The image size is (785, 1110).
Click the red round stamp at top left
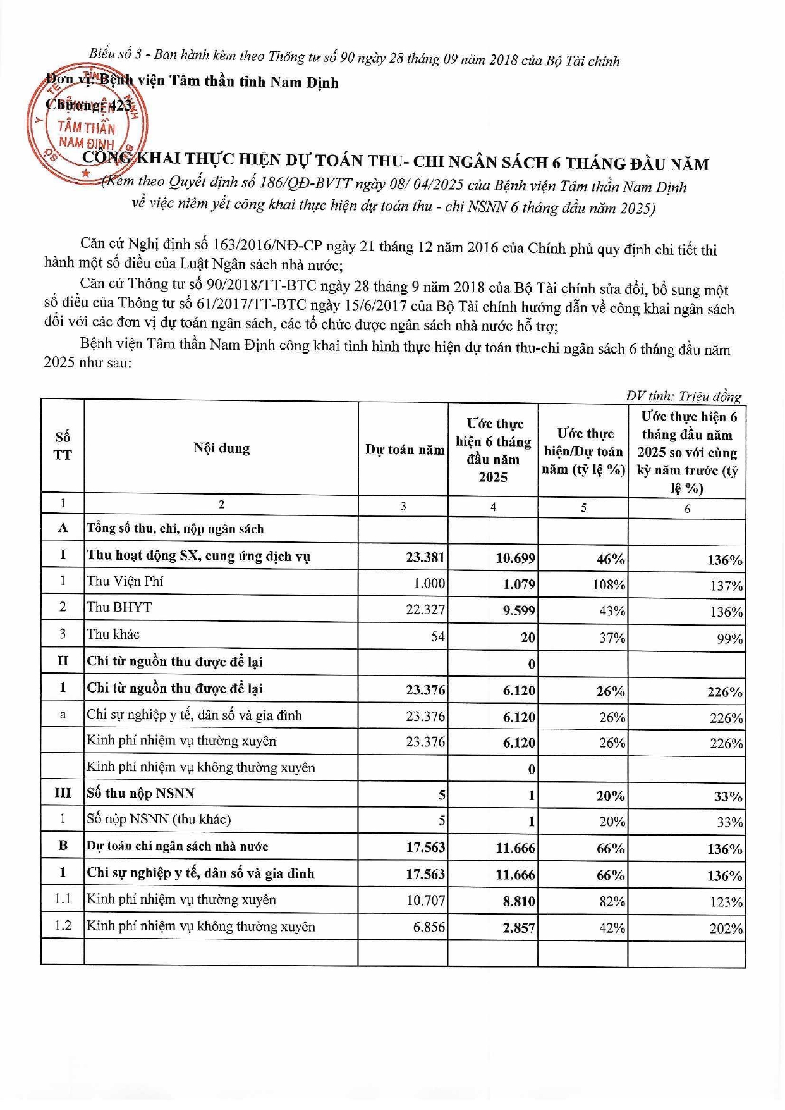tap(87, 124)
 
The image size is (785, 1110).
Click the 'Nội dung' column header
tap(221, 448)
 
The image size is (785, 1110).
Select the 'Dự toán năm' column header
tap(405, 450)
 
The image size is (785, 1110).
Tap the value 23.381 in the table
tap(425, 557)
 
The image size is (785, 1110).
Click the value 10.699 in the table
tap(515, 558)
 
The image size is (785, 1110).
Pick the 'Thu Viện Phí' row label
tap(125, 581)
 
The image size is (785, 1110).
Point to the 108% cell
tap(609, 584)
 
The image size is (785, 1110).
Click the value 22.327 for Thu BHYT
tap(425, 610)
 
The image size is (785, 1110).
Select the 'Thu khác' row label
tap(113, 634)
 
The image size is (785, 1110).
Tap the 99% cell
tap(729, 639)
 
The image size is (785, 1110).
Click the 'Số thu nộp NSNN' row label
tap(140, 793)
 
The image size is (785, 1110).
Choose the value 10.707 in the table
tap(426, 900)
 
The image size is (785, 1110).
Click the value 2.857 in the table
tap(519, 928)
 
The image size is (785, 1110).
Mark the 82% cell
tap(612, 901)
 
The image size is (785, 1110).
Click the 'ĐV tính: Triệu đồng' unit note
tap(683, 396)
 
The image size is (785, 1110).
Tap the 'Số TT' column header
tap(63, 446)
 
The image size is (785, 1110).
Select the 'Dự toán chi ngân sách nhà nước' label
tap(177, 846)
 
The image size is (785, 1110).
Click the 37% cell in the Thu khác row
tap(612, 638)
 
